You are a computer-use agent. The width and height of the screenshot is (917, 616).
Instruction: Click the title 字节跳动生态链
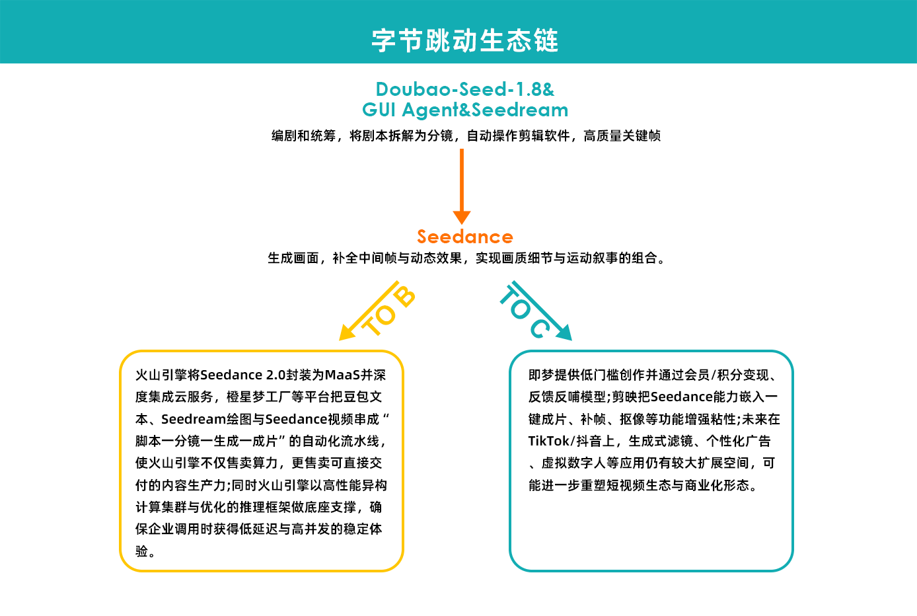(x=464, y=40)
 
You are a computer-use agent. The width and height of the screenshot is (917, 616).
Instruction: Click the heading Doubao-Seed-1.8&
(x=464, y=89)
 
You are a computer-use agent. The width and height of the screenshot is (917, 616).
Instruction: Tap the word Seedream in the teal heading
(x=520, y=110)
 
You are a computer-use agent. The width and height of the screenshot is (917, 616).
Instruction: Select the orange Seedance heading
(x=464, y=237)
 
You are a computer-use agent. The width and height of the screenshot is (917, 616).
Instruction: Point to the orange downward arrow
(x=461, y=185)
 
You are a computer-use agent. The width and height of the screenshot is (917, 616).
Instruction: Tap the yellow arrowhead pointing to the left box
(x=347, y=332)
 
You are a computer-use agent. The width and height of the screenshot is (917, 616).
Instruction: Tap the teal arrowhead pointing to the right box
(x=563, y=332)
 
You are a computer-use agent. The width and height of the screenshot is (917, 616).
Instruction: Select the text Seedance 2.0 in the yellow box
(x=242, y=375)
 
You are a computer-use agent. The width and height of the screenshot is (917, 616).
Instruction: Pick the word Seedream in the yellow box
(x=194, y=420)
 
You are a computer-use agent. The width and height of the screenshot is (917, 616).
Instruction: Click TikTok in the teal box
(x=548, y=442)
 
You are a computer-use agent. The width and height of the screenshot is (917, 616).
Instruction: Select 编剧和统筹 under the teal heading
(x=303, y=136)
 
